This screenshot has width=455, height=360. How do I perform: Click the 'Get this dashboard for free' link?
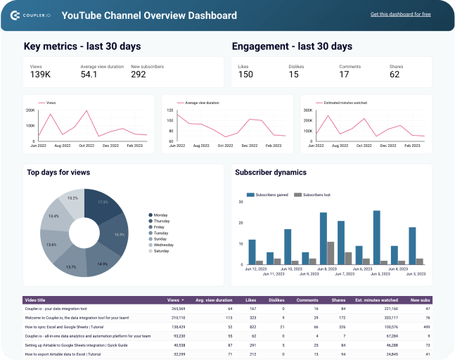point(400,14)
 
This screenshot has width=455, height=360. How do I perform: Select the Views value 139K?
point(40,75)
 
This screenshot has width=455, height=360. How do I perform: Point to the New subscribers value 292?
point(139,75)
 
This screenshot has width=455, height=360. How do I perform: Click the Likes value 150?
point(245,75)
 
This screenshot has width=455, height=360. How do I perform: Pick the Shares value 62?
point(395,75)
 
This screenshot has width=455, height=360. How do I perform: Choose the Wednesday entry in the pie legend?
point(165,245)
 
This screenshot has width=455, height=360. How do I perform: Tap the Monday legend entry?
point(161,215)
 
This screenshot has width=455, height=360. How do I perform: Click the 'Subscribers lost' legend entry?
point(309,195)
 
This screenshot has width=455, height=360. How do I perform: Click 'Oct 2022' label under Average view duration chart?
point(225,146)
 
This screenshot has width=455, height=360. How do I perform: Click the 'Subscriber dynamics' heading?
point(271,172)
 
